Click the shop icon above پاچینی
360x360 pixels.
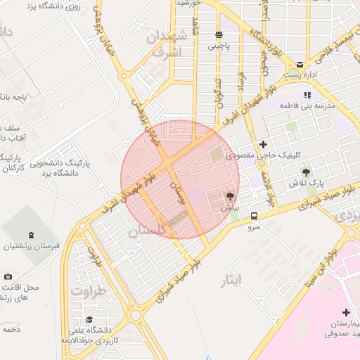pos(219,34)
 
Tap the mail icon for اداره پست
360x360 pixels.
pos(300,63)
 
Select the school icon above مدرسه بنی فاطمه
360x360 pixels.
pos(306,95)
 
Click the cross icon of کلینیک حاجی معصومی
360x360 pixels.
pos(263,144)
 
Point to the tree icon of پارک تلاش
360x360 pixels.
pos(306,172)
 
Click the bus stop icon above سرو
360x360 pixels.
pos(254,217)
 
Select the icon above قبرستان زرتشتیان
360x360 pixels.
pos(30,235)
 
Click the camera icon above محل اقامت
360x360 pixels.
pos(8,277)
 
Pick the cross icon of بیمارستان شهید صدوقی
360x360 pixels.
pos(345,312)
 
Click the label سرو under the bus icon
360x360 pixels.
pos(254,227)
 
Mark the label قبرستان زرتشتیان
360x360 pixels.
pos(30,247)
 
